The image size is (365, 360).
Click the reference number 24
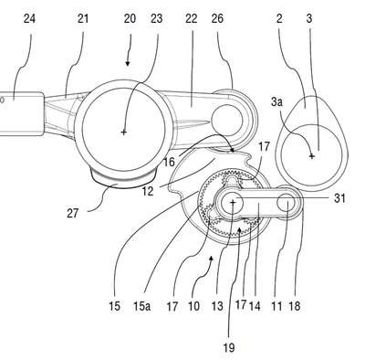29,19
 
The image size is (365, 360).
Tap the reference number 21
82,19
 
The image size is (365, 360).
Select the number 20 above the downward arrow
130,19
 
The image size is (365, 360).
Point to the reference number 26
217,19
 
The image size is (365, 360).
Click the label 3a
276,101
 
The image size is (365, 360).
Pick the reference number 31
339,198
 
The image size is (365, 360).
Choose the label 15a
141,306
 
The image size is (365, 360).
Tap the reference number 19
229,347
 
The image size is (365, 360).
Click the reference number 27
72,213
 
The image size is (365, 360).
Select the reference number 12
147,192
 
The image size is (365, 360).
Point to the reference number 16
169,162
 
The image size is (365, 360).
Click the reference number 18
295,306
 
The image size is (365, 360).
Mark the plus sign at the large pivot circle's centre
123,132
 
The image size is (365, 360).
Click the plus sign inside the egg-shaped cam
311,156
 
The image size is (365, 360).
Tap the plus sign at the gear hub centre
233,202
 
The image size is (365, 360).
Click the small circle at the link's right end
286,203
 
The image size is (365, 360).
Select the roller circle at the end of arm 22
227,121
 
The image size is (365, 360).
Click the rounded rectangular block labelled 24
21,113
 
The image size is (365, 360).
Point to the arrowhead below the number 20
128,64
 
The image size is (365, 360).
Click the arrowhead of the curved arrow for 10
212,258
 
